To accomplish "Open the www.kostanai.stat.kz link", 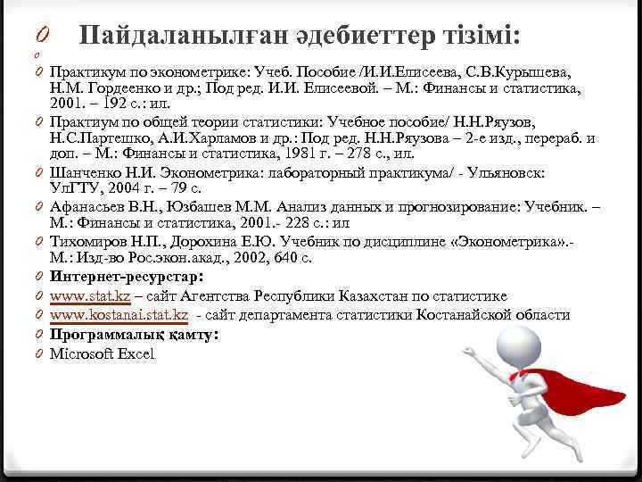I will (x=119, y=315).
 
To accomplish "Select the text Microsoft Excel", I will (x=102, y=354).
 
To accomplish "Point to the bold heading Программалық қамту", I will (x=132, y=335).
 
